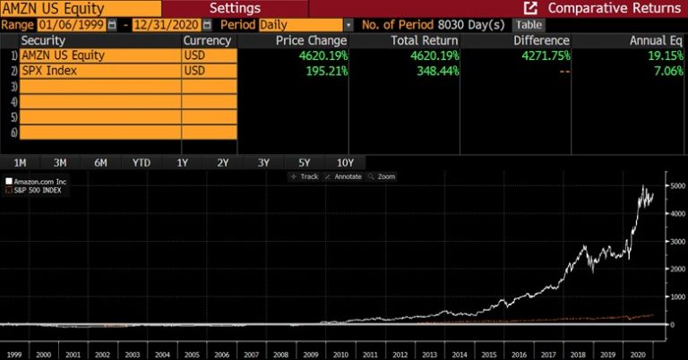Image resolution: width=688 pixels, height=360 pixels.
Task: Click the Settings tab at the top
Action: (235, 8)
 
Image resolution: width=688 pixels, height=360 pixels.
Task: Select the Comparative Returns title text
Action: (614, 8)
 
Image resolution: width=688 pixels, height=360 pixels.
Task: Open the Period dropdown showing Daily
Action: (304, 24)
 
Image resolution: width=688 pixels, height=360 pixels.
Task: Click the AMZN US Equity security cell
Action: (99, 56)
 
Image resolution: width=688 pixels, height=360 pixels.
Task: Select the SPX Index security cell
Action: (99, 71)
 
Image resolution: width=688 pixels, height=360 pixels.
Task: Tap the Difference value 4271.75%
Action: (542, 56)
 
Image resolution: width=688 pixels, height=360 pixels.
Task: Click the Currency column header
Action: (207, 40)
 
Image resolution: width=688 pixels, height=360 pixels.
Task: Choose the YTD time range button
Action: (141, 163)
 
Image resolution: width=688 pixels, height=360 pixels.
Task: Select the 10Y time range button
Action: (345, 163)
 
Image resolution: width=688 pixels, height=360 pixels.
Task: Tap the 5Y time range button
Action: (304, 163)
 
